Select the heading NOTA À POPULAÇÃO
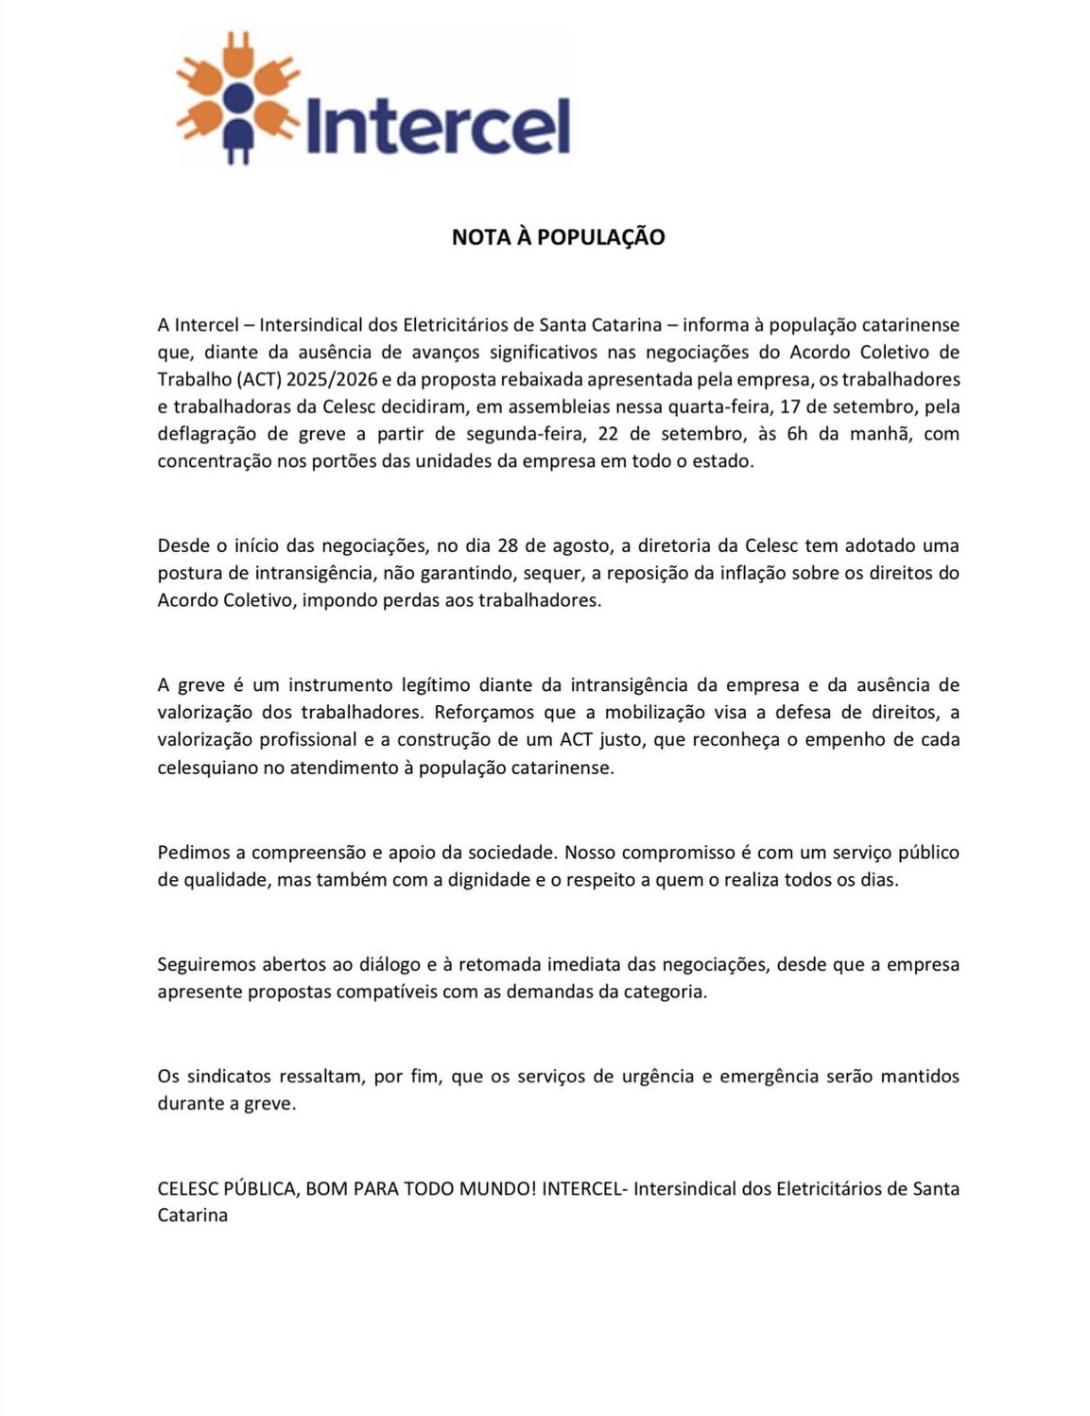pos(558,237)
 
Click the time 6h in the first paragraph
pos(796,435)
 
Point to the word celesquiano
pos(207,768)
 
